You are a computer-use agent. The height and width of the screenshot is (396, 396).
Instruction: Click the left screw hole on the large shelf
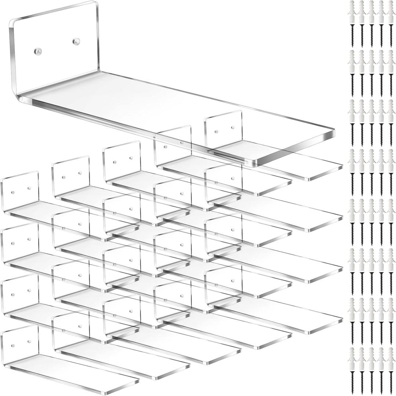(38, 51)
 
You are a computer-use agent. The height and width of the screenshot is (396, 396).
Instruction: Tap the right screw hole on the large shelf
(76, 41)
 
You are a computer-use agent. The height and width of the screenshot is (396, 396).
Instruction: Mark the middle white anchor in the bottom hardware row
(371, 356)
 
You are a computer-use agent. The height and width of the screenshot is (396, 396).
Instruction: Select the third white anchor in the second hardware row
(371, 60)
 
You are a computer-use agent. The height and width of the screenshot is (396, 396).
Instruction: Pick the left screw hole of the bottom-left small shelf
(13, 346)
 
